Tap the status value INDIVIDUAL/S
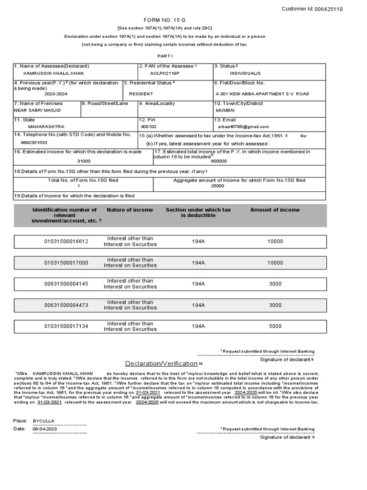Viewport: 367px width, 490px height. [x=245, y=73]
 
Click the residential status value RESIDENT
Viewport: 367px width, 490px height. [x=141, y=94]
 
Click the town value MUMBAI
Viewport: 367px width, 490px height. [x=226, y=110]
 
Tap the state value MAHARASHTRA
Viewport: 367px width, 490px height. [x=46, y=127]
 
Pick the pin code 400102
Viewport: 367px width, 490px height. [x=149, y=127]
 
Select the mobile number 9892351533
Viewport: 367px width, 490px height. [x=34, y=143]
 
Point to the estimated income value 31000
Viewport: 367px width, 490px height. [x=84, y=161]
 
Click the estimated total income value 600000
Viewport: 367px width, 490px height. [x=219, y=161]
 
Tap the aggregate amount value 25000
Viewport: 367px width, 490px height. [x=217, y=186]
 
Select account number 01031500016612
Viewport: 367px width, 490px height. [x=66, y=242]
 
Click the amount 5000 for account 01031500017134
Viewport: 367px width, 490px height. [x=275, y=326]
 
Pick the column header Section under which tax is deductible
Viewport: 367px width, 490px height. [x=198, y=212]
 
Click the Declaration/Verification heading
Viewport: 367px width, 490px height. [x=162, y=363]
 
